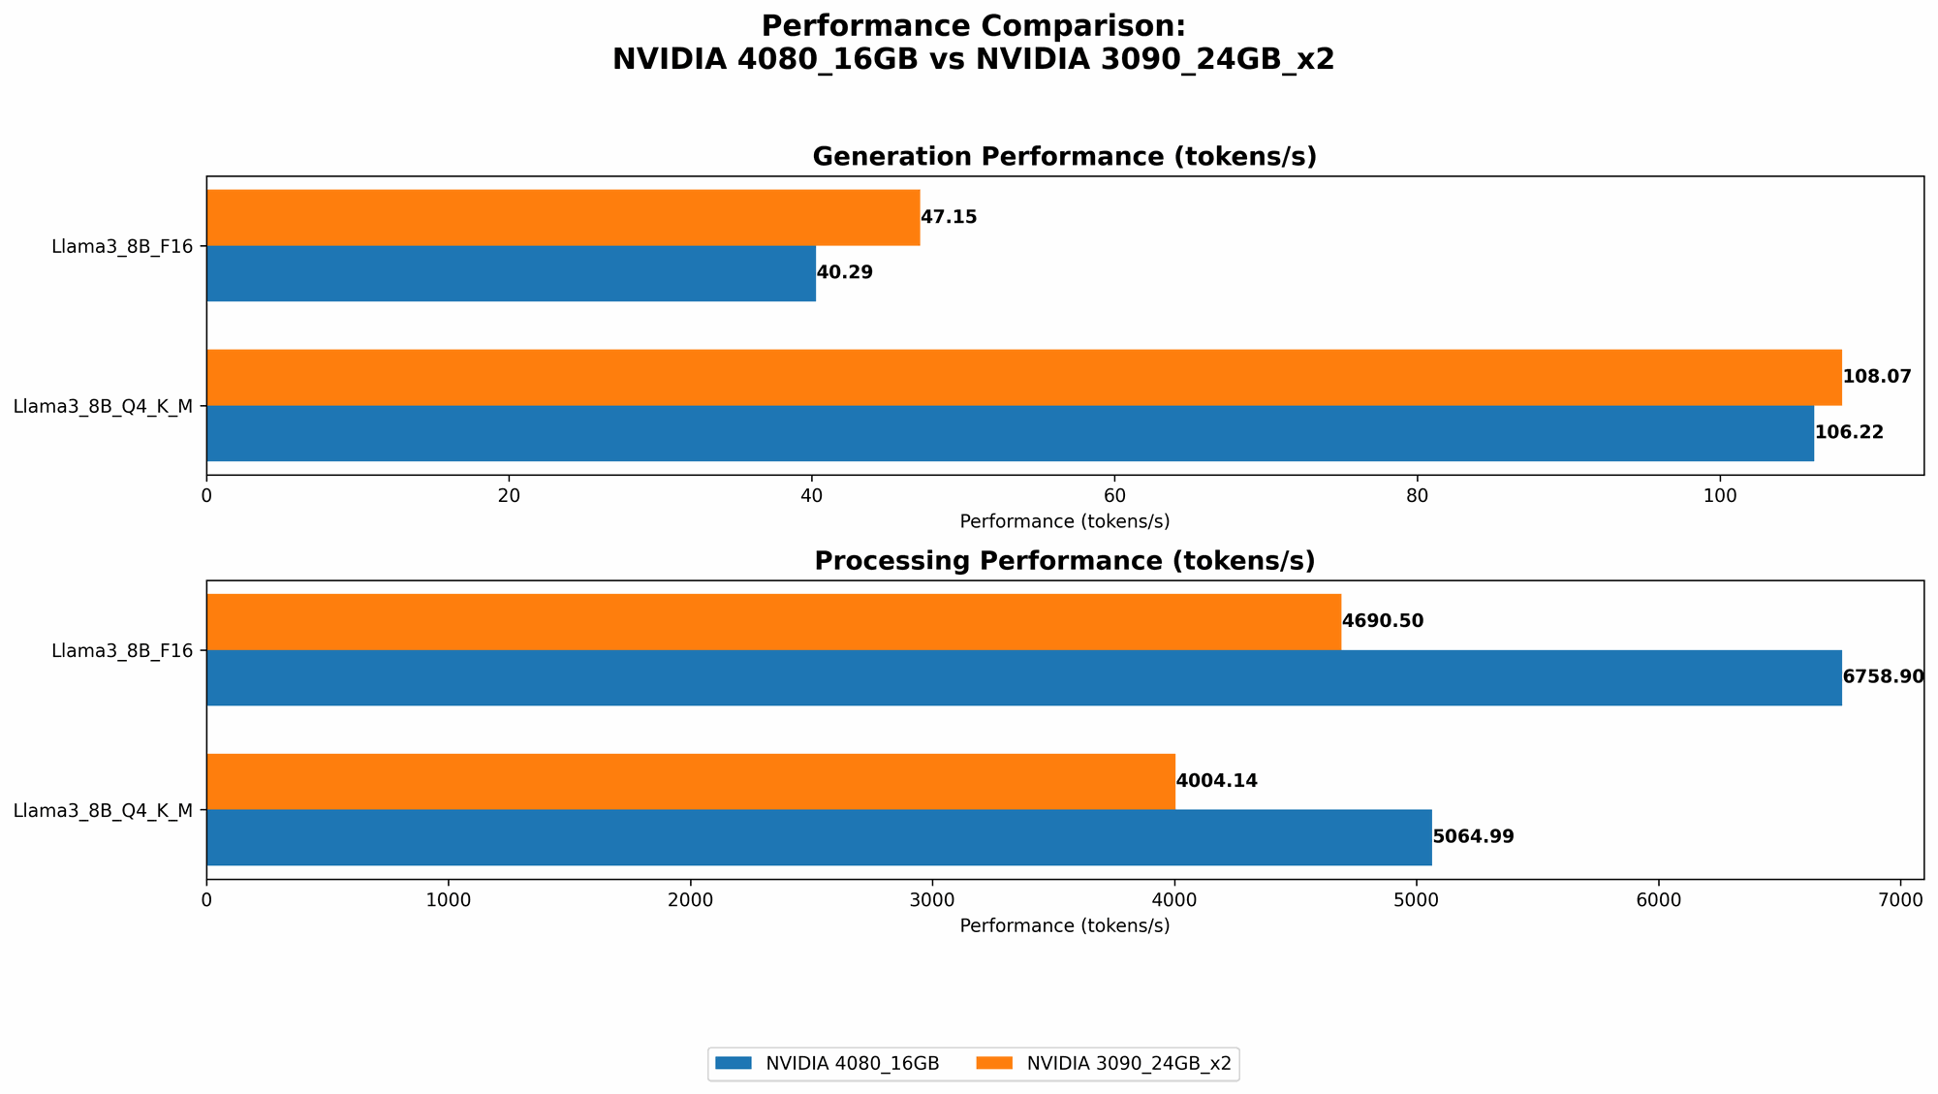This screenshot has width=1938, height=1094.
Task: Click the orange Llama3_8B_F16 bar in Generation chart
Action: pos(562,218)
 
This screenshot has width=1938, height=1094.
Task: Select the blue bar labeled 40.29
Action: pos(511,273)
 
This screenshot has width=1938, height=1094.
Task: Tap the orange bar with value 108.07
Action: pos(1023,377)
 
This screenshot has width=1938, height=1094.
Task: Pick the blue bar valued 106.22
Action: pos(1010,433)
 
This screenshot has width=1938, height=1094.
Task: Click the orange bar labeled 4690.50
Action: pos(773,622)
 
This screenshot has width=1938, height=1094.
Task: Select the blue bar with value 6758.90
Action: pos(1023,677)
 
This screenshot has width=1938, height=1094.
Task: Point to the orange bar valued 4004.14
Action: pos(690,781)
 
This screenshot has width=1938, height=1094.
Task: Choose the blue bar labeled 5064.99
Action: pos(819,837)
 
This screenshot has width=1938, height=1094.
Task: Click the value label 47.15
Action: pos(949,217)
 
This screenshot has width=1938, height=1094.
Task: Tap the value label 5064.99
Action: pos(1473,837)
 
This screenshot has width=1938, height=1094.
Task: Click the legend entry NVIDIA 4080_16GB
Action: pos(852,1064)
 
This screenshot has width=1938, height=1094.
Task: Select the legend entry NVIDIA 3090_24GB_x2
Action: pos(1128,1064)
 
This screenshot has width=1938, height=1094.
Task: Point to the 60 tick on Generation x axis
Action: pos(1114,496)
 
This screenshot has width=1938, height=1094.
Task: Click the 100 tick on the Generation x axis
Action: pos(1719,496)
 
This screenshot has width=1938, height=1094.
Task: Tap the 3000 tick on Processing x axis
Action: pos(932,900)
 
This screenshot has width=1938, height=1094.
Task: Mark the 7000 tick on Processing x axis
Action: pos(1900,900)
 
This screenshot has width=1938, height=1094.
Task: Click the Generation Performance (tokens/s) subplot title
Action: pos(1064,157)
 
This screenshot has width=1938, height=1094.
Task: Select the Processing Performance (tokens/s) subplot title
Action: pos(1064,561)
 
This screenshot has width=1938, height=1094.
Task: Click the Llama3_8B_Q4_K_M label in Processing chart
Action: pos(103,810)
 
